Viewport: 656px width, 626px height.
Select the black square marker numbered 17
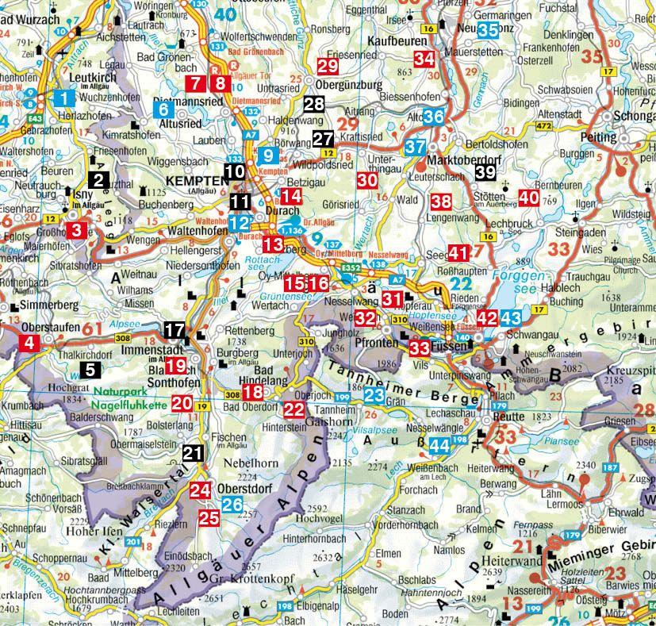pos(175,329)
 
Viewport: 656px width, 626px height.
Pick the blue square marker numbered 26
pos(232,503)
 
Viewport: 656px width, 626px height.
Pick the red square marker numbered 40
pos(528,198)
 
